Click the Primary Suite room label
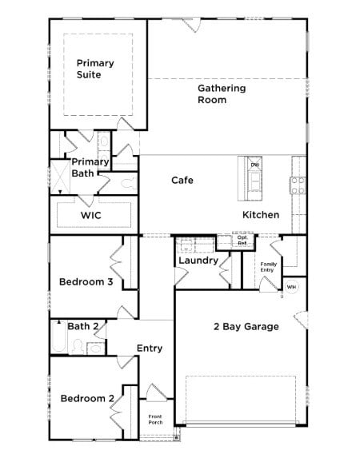tap(95, 69)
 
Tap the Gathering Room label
tap(222, 94)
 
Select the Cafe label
tap(182, 180)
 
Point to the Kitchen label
tap(261, 215)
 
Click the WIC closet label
tap(90, 216)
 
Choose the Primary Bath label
tap(89, 167)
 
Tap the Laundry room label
tap(198, 261)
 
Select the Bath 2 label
tap(83, 326)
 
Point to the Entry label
tap(150, 348)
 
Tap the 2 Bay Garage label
tap(246, 326)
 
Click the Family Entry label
tap(269, 267)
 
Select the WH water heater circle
tap(291, 287)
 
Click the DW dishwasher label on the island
tap(255, 165)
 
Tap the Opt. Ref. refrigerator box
tap(242, 240)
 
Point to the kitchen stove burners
tap(298, 185)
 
